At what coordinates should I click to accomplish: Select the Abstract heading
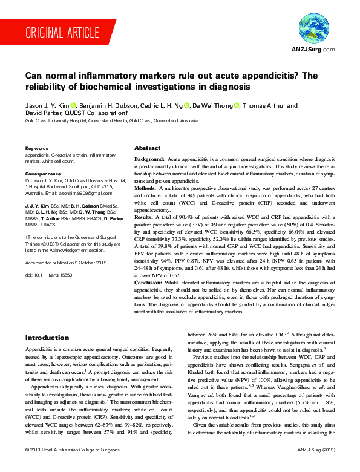[x=147, y=148]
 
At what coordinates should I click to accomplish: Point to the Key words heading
[x=36, y=148]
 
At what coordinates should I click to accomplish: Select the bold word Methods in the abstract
[x=146, y=188]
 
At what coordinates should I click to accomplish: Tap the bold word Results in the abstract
[x=145, y=217]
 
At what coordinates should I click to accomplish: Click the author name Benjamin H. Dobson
[x=110, y=105]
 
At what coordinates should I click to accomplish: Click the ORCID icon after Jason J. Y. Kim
[x=74, y=105]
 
